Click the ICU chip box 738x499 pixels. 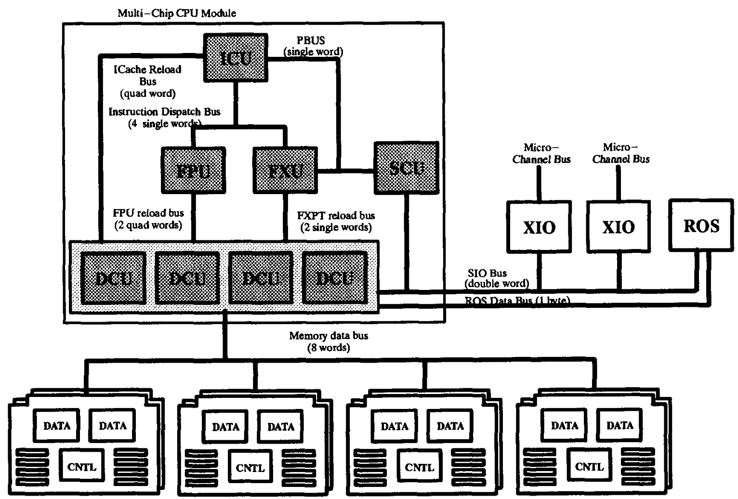click(x=236, y=57)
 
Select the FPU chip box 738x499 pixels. click(x=193, y=170)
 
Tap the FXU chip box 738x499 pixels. click(x=285, y=170)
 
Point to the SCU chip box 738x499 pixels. click(x=406, y=168)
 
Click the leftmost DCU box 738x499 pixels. click(x=113, y=278)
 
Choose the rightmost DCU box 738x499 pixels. click(x=335, y=278)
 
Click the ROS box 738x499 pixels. click(x=701, y=226)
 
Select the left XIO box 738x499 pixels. click(x=539, y=227)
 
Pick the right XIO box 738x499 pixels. click(x=619, y=226)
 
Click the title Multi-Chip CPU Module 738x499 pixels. click(x=177, y=13)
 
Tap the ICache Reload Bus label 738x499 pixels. click(x=147, y=81)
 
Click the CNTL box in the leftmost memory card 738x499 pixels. click(x=82, y=467)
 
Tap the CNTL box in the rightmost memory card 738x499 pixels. click(x=589, y=466)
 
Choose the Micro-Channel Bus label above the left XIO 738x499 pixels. click(x=541, y=153)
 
